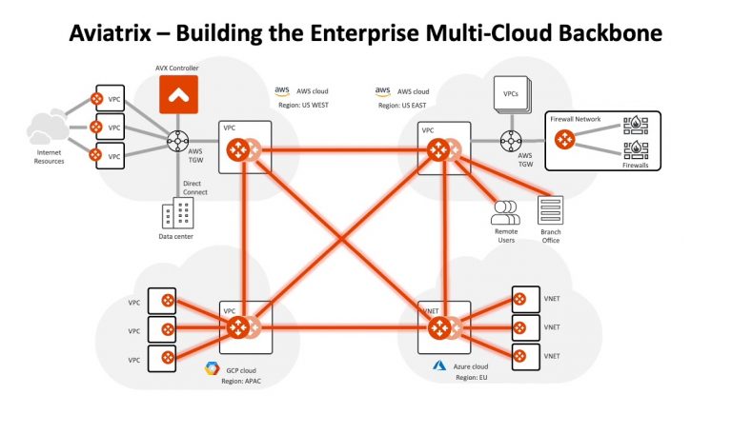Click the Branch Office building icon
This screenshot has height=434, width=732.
point(550,210)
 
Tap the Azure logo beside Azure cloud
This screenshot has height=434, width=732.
point(439,365)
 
